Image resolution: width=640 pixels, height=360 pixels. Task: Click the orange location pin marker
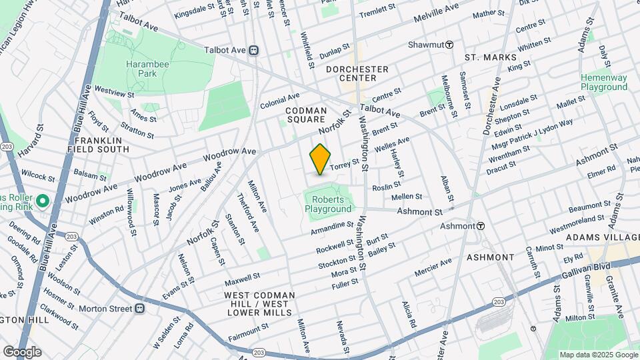(321, 159)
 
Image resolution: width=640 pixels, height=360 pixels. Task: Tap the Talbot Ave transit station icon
(253, 50)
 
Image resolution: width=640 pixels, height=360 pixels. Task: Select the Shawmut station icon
(449, 45)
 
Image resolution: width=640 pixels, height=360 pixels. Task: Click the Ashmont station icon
(480, 226)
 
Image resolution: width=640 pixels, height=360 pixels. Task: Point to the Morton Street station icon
(140, 308)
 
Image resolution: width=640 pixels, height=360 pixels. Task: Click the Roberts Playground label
(328, 204)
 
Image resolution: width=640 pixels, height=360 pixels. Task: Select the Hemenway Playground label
(603, 82)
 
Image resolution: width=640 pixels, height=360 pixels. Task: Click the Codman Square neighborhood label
(306, 115)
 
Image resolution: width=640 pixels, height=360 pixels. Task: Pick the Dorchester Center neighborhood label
(357, 73)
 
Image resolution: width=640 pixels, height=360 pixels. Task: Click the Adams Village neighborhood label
(602, 237)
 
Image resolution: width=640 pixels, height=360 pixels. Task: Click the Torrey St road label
(345, 162)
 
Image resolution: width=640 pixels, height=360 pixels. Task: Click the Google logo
(22, 352)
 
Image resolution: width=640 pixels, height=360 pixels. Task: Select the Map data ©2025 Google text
(598, 355)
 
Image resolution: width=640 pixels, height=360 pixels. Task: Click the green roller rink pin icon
(42, 201)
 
